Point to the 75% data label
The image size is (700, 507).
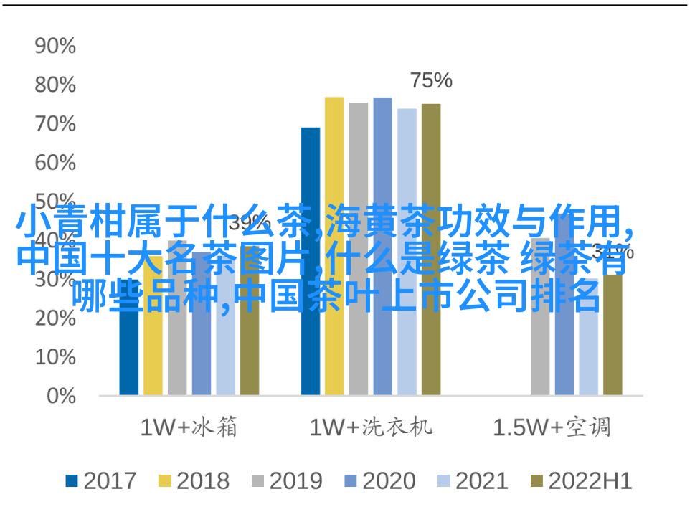point(431,81)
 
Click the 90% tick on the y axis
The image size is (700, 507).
point(55,47)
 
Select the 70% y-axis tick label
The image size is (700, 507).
point(55,124)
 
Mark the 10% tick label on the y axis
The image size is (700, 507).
point(55,356)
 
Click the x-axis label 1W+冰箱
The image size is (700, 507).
point(189,428)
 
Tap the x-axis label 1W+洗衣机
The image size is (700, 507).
point(371,428)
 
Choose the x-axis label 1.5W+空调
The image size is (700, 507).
point(552,428)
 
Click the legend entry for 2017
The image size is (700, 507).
point(101,481)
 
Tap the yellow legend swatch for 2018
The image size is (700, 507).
point(164,481)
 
